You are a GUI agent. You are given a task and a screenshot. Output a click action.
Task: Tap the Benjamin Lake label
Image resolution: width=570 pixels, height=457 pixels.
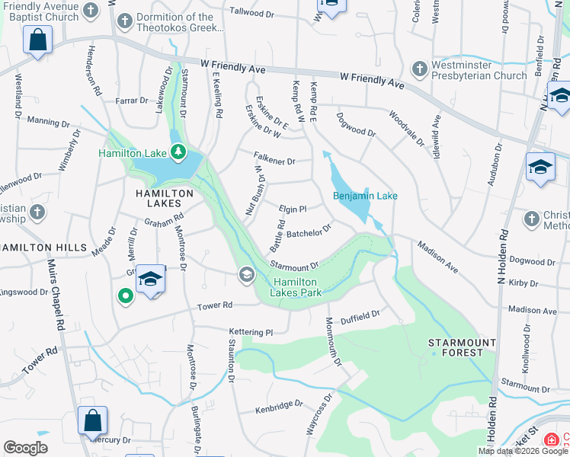coord(365,197)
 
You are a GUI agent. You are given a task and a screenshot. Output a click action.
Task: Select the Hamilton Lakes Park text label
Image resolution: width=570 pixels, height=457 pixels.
coord(297,286)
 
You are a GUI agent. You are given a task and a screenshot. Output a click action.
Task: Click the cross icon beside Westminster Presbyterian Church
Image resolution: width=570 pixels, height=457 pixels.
coord(418,69)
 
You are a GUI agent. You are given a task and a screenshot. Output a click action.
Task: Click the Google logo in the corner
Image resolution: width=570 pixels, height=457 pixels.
coord(25,447)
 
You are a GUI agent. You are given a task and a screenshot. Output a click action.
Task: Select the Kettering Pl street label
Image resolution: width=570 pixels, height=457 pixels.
coord(251,332)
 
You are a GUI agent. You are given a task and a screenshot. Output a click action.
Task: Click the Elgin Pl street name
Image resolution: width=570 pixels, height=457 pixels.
coord(293,209)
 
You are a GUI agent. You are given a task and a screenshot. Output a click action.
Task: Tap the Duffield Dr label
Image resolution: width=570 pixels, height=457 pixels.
coord(360,315)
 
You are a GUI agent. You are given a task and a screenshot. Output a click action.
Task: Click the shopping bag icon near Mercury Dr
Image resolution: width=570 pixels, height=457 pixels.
coord(92,420)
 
